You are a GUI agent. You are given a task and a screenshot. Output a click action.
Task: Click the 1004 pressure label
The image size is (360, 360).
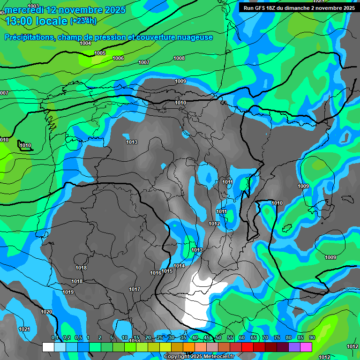click(85, 43)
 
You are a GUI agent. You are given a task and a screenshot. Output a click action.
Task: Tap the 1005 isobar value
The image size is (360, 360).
click(100, 53)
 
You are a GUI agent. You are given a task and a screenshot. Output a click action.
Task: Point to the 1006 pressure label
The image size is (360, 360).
click(118, 58)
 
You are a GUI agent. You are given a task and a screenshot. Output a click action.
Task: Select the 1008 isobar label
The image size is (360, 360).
click(179, 58)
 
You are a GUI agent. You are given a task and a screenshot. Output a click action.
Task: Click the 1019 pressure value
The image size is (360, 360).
click(68, 292)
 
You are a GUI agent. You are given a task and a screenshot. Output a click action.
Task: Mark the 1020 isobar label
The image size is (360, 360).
click(46, 312)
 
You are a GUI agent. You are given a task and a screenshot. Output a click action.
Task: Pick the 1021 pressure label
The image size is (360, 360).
click(24, 329)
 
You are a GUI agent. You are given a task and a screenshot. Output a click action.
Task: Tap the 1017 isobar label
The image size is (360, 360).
click(135, 289)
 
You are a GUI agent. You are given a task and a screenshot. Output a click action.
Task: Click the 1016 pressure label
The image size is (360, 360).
click(156, 273)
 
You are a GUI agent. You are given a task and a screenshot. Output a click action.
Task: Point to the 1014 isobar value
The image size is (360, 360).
click(179, 266)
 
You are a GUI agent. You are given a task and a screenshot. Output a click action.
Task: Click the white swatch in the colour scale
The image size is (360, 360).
click(48, 347)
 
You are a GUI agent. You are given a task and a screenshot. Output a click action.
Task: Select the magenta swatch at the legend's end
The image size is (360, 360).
click(306, 347)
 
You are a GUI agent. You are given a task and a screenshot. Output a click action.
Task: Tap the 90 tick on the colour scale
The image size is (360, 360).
click(312, 337)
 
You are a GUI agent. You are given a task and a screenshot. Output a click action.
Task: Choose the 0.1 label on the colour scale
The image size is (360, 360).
click(55, 337)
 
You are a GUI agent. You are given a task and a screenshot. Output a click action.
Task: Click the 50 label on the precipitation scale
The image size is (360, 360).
click(218, 337)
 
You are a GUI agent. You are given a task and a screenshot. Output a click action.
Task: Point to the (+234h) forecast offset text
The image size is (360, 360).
click(83, 21)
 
